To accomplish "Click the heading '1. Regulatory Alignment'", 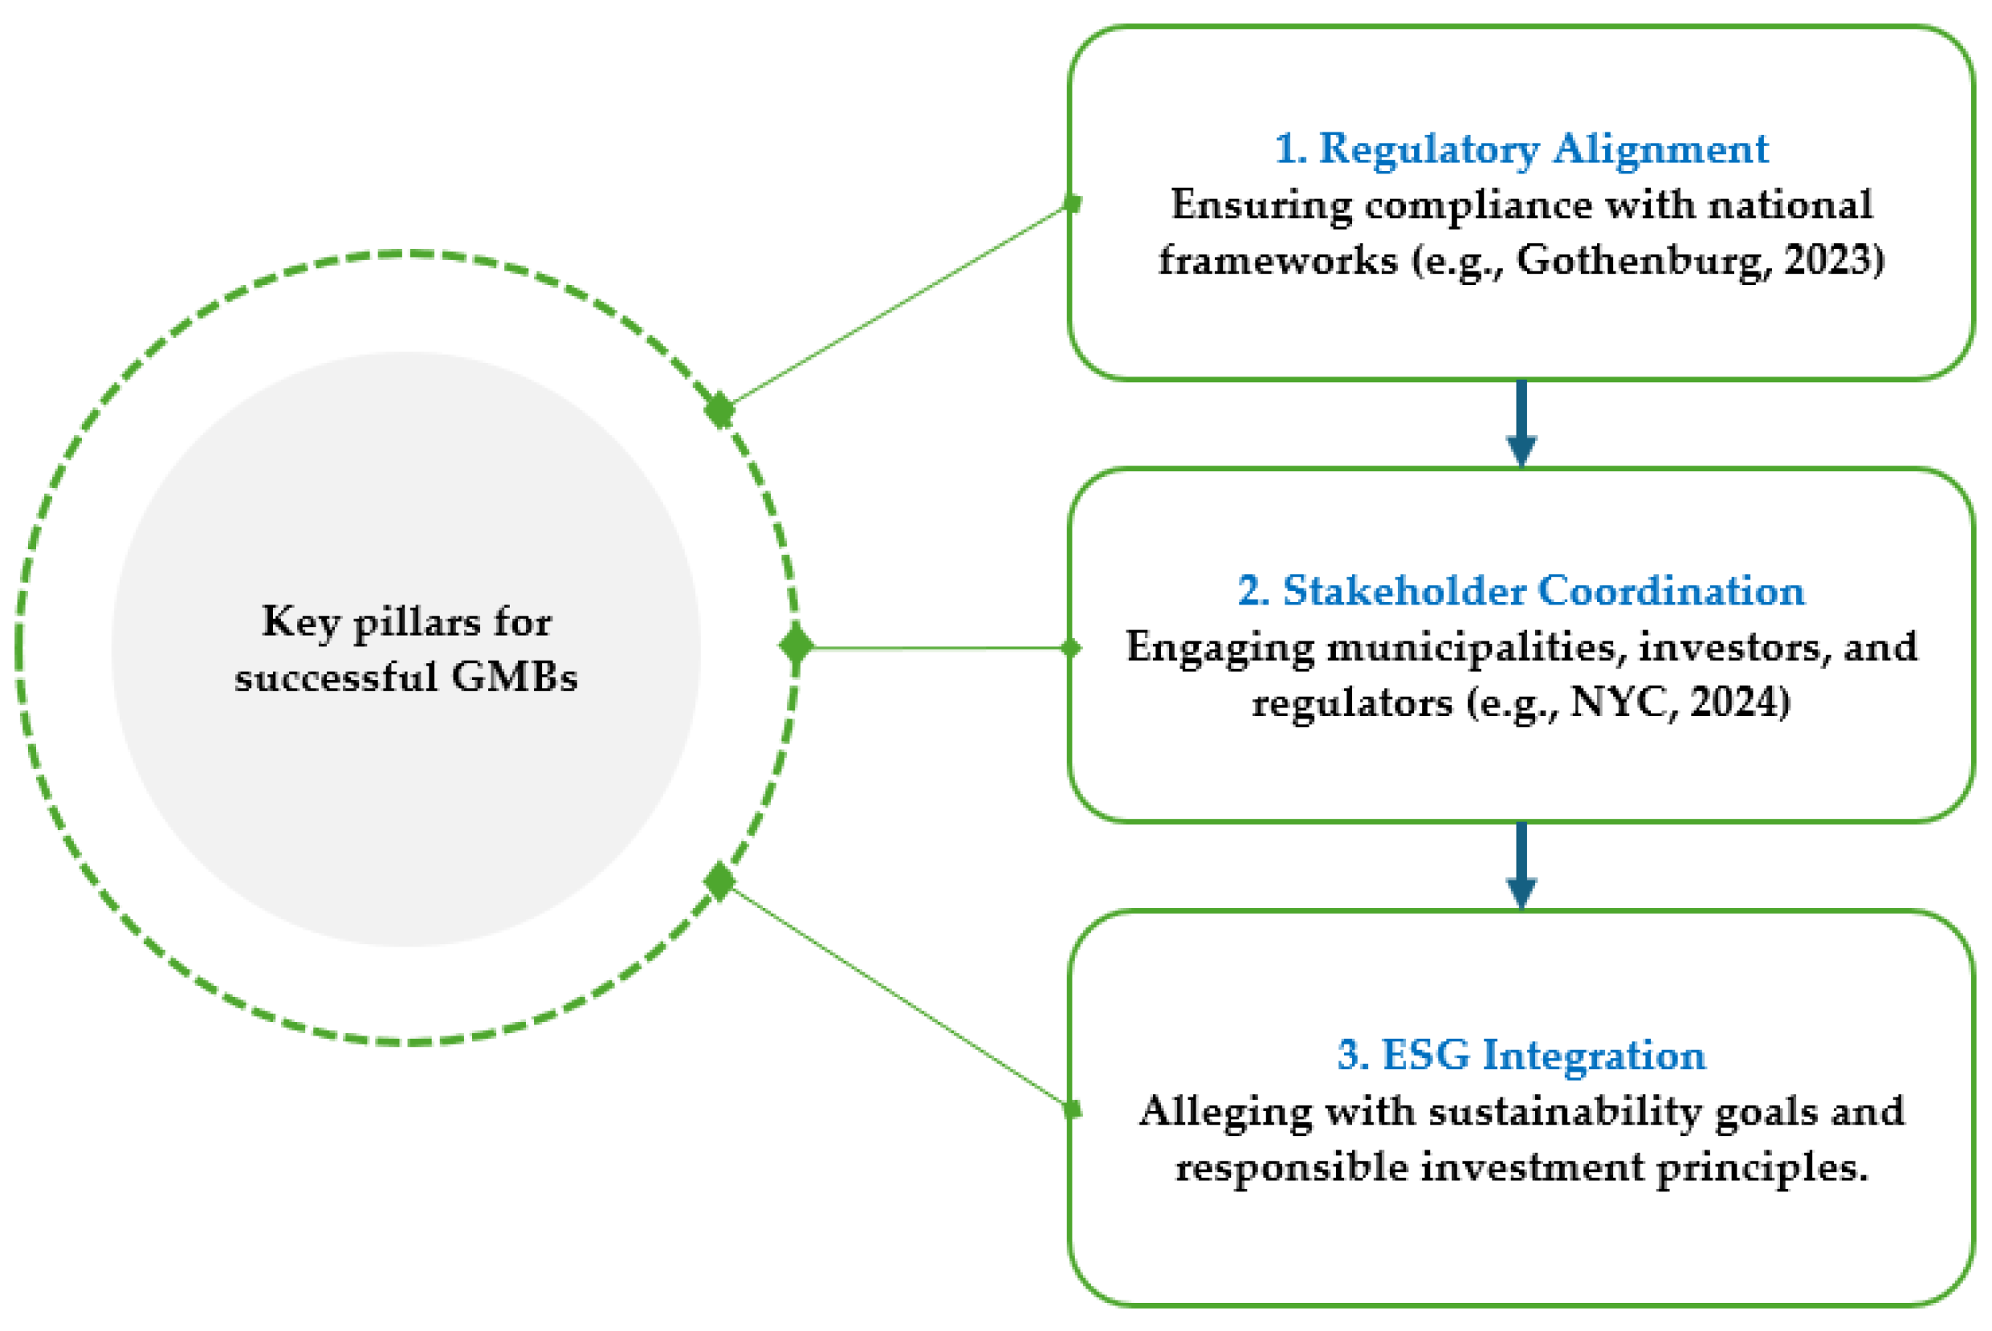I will pyautogui.click(x=1521, y=149).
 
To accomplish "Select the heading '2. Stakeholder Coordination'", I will pyautogui.click(x=1521, y=592).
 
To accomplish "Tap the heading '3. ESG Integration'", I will pyautogui.click(x=1521, y=1056).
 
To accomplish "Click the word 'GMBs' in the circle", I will pyautogui.click(x=515, y=678).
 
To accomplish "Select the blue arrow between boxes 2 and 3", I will pyautogui.click(x=1521, y=867).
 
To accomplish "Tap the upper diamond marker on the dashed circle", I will pyautogui.click(x=719, y=410).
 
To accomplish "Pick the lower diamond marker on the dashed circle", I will pyautogui.click(x=719, y=881).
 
